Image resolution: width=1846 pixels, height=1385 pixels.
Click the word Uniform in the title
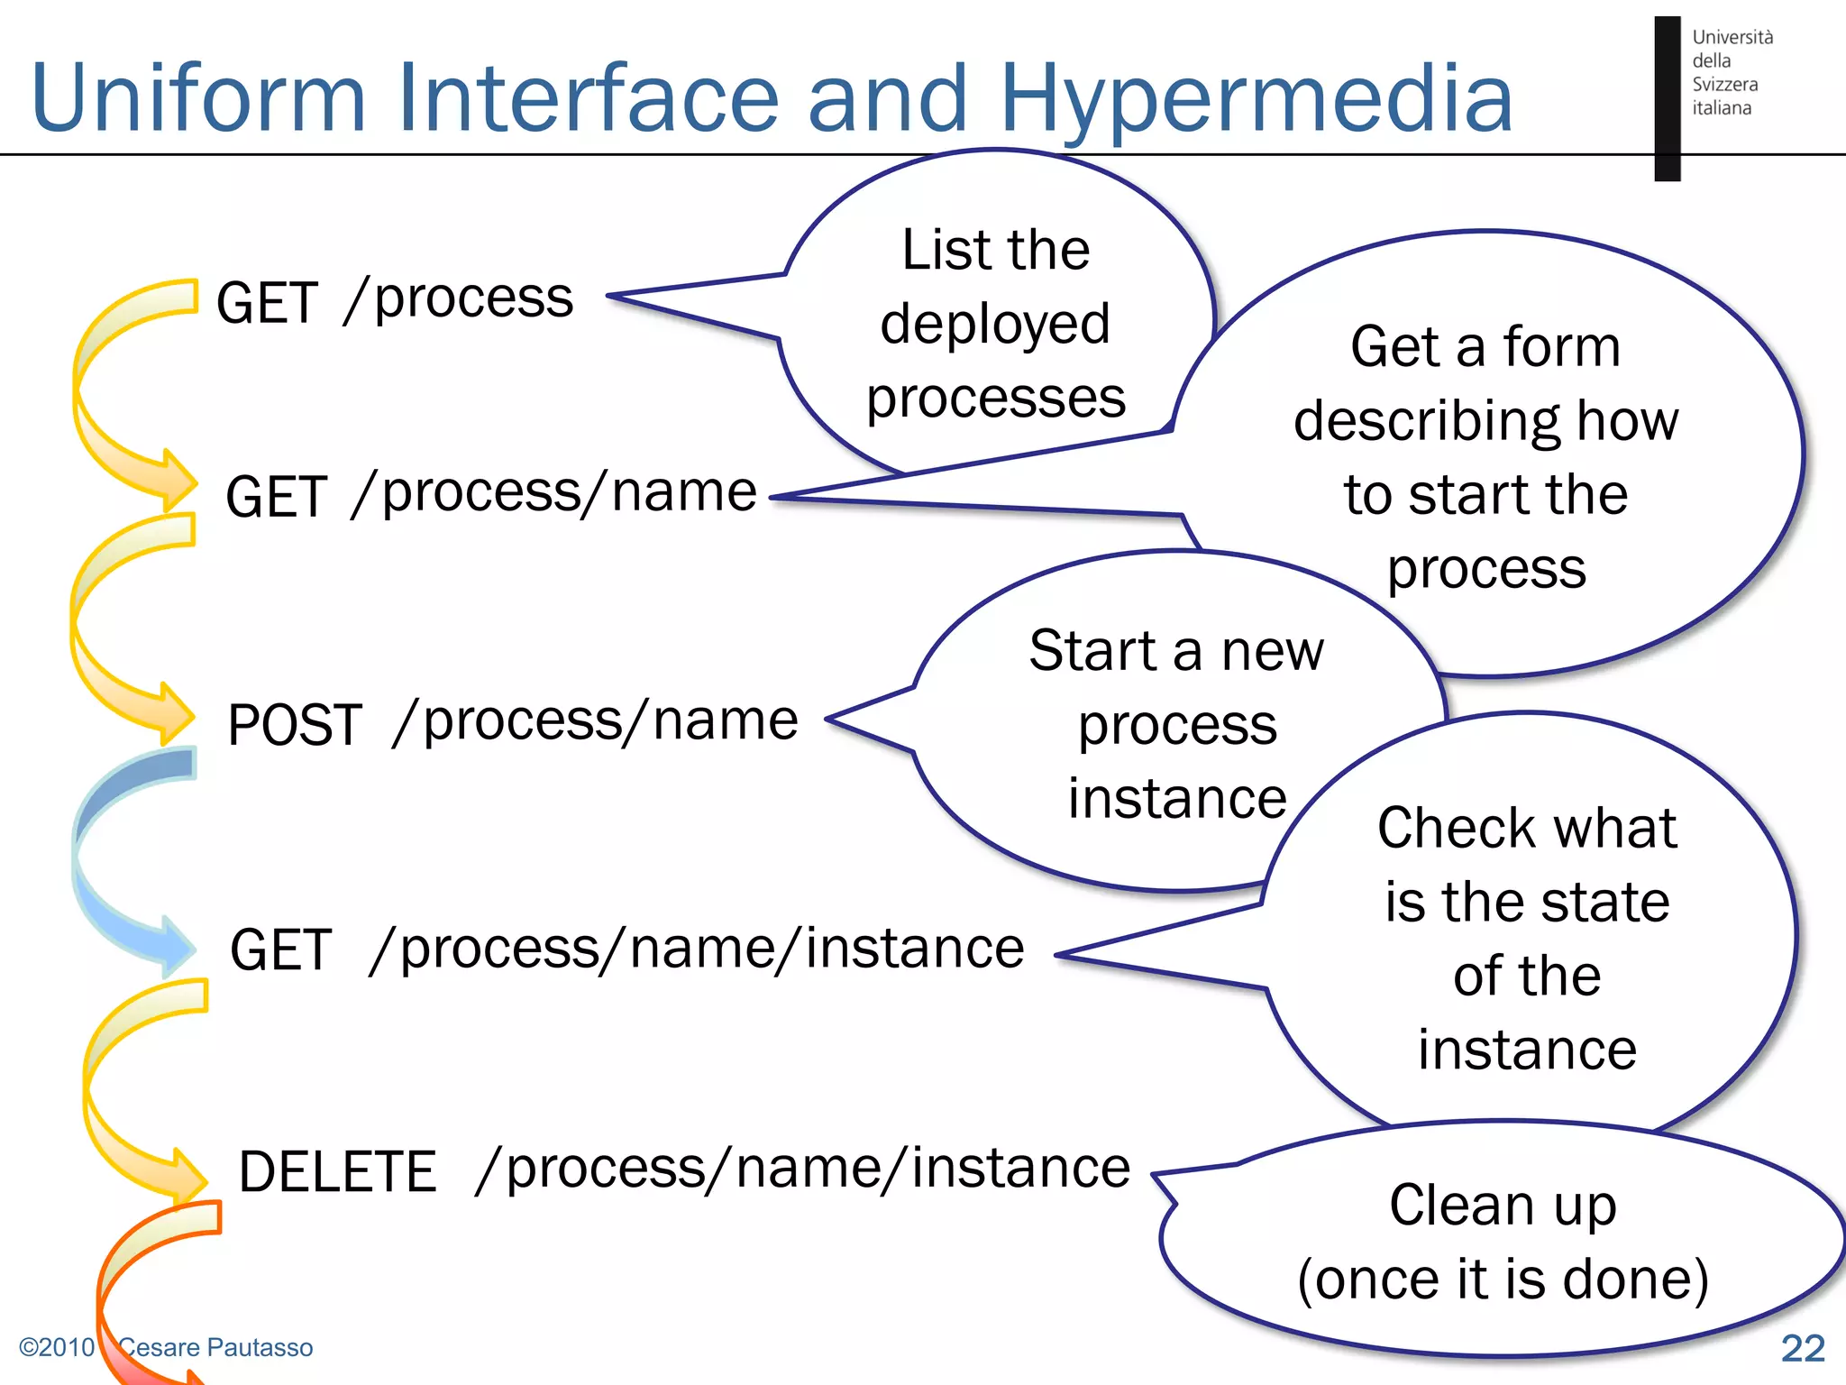coord(198,97)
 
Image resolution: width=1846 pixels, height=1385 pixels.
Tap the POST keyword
coord(295,725)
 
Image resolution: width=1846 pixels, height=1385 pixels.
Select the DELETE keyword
coord(337,1172)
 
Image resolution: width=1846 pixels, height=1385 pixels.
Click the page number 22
coord(1802,1348)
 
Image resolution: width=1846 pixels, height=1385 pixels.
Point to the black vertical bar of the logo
coord(1667,99)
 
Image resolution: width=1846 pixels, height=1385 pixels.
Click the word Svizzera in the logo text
coord(1724,85)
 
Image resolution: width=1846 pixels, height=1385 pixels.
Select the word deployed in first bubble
coord(995,325)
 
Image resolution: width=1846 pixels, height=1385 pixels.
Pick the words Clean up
coord(1503,1206)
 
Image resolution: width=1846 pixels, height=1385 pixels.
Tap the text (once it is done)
coord(1503,1280)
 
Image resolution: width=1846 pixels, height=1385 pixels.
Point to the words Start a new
coord(1176,651)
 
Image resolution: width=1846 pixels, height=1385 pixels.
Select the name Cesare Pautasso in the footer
coord(216,1347)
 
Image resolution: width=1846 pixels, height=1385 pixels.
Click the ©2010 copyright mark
coord(56,1347)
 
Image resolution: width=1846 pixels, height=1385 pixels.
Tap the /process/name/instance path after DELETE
coord(802,1169)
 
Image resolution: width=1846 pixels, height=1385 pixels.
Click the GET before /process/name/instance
coord(280,950)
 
